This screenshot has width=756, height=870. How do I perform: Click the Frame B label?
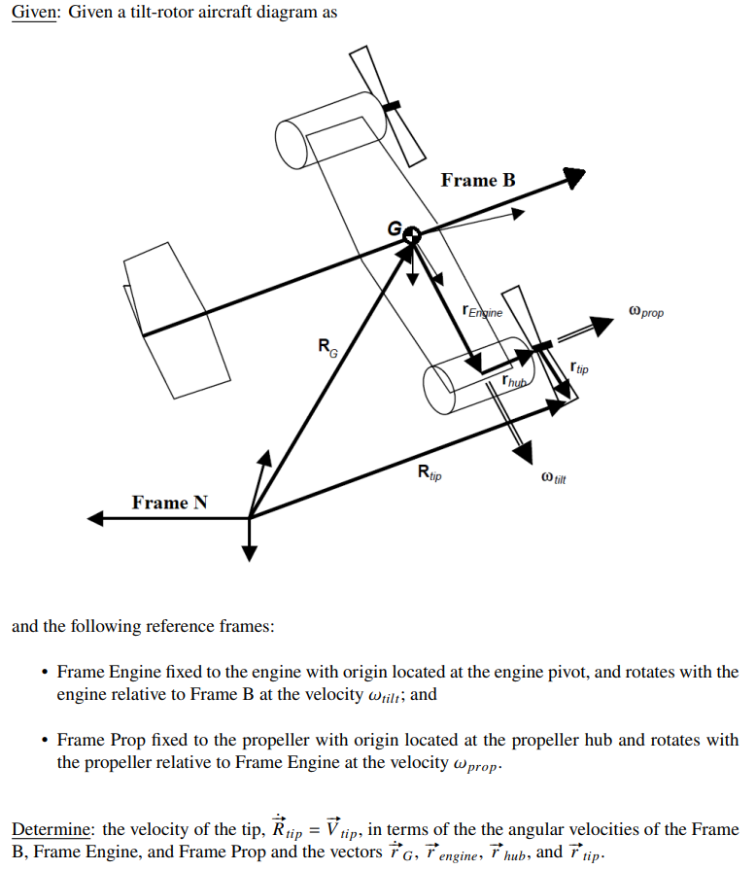pos(478,181)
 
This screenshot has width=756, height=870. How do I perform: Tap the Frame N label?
pos(169,503)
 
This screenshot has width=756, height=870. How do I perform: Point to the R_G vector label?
pos(327,346)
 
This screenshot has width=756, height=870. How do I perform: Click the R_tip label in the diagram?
pos(428,473)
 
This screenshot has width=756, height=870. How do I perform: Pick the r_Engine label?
pos(484,312)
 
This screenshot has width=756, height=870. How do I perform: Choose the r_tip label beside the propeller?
pos(579,368)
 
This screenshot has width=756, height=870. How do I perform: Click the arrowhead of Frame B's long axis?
pos(574,178)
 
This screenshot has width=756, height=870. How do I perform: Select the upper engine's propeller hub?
pos(392,106)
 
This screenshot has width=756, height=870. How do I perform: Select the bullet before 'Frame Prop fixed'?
pos(45,741)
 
